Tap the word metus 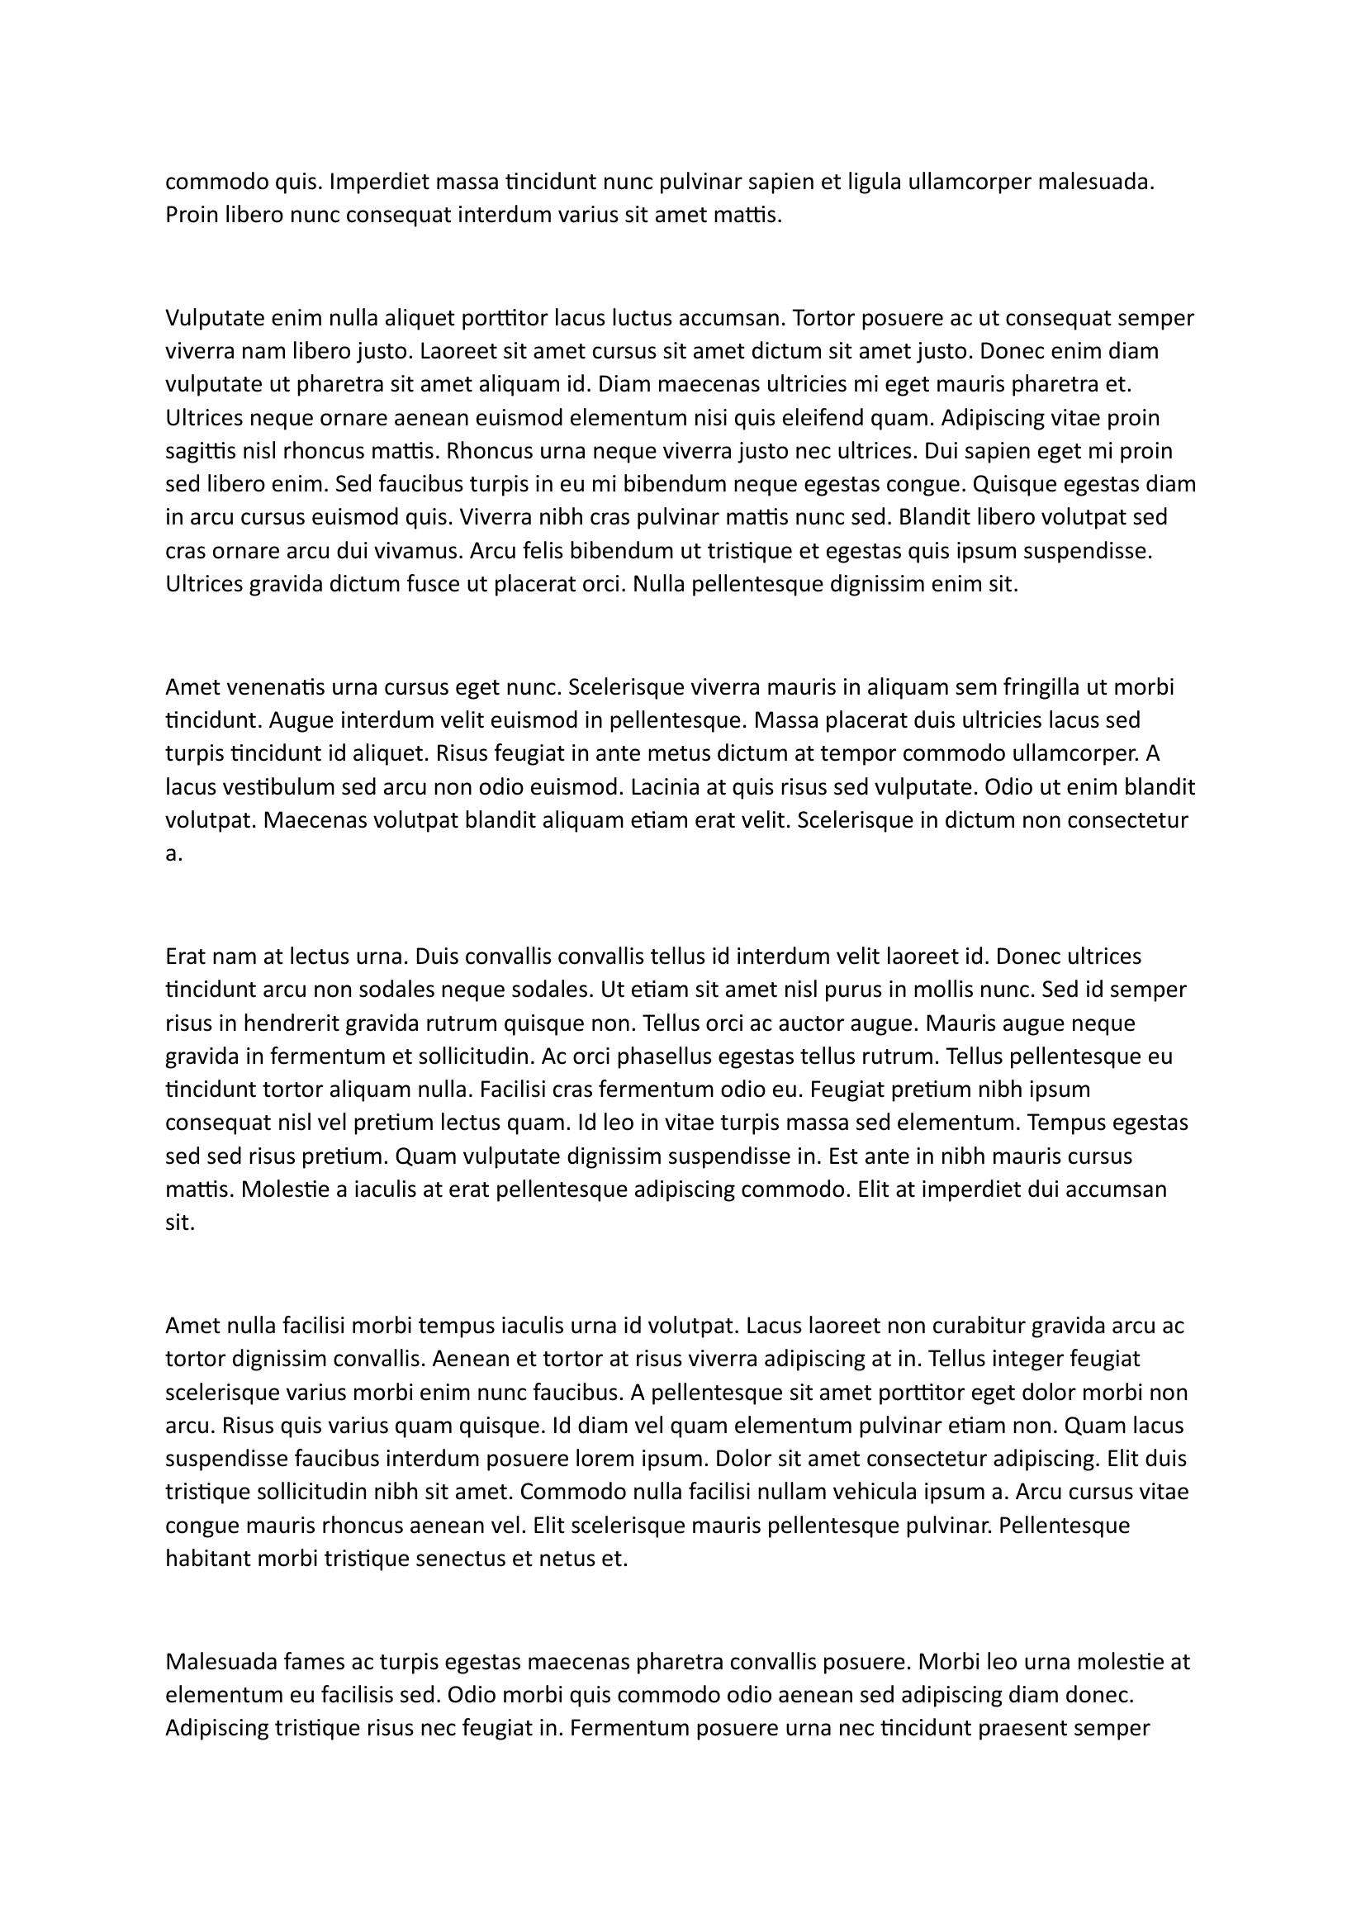[x=645, y=754]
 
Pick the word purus [x=854, y=990]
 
